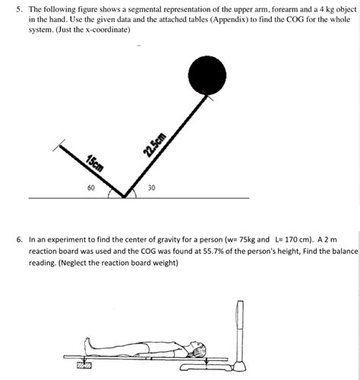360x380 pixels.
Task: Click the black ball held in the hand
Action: (207, 74)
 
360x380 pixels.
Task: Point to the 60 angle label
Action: (91, 187)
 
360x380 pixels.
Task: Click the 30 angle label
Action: (151, 187)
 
